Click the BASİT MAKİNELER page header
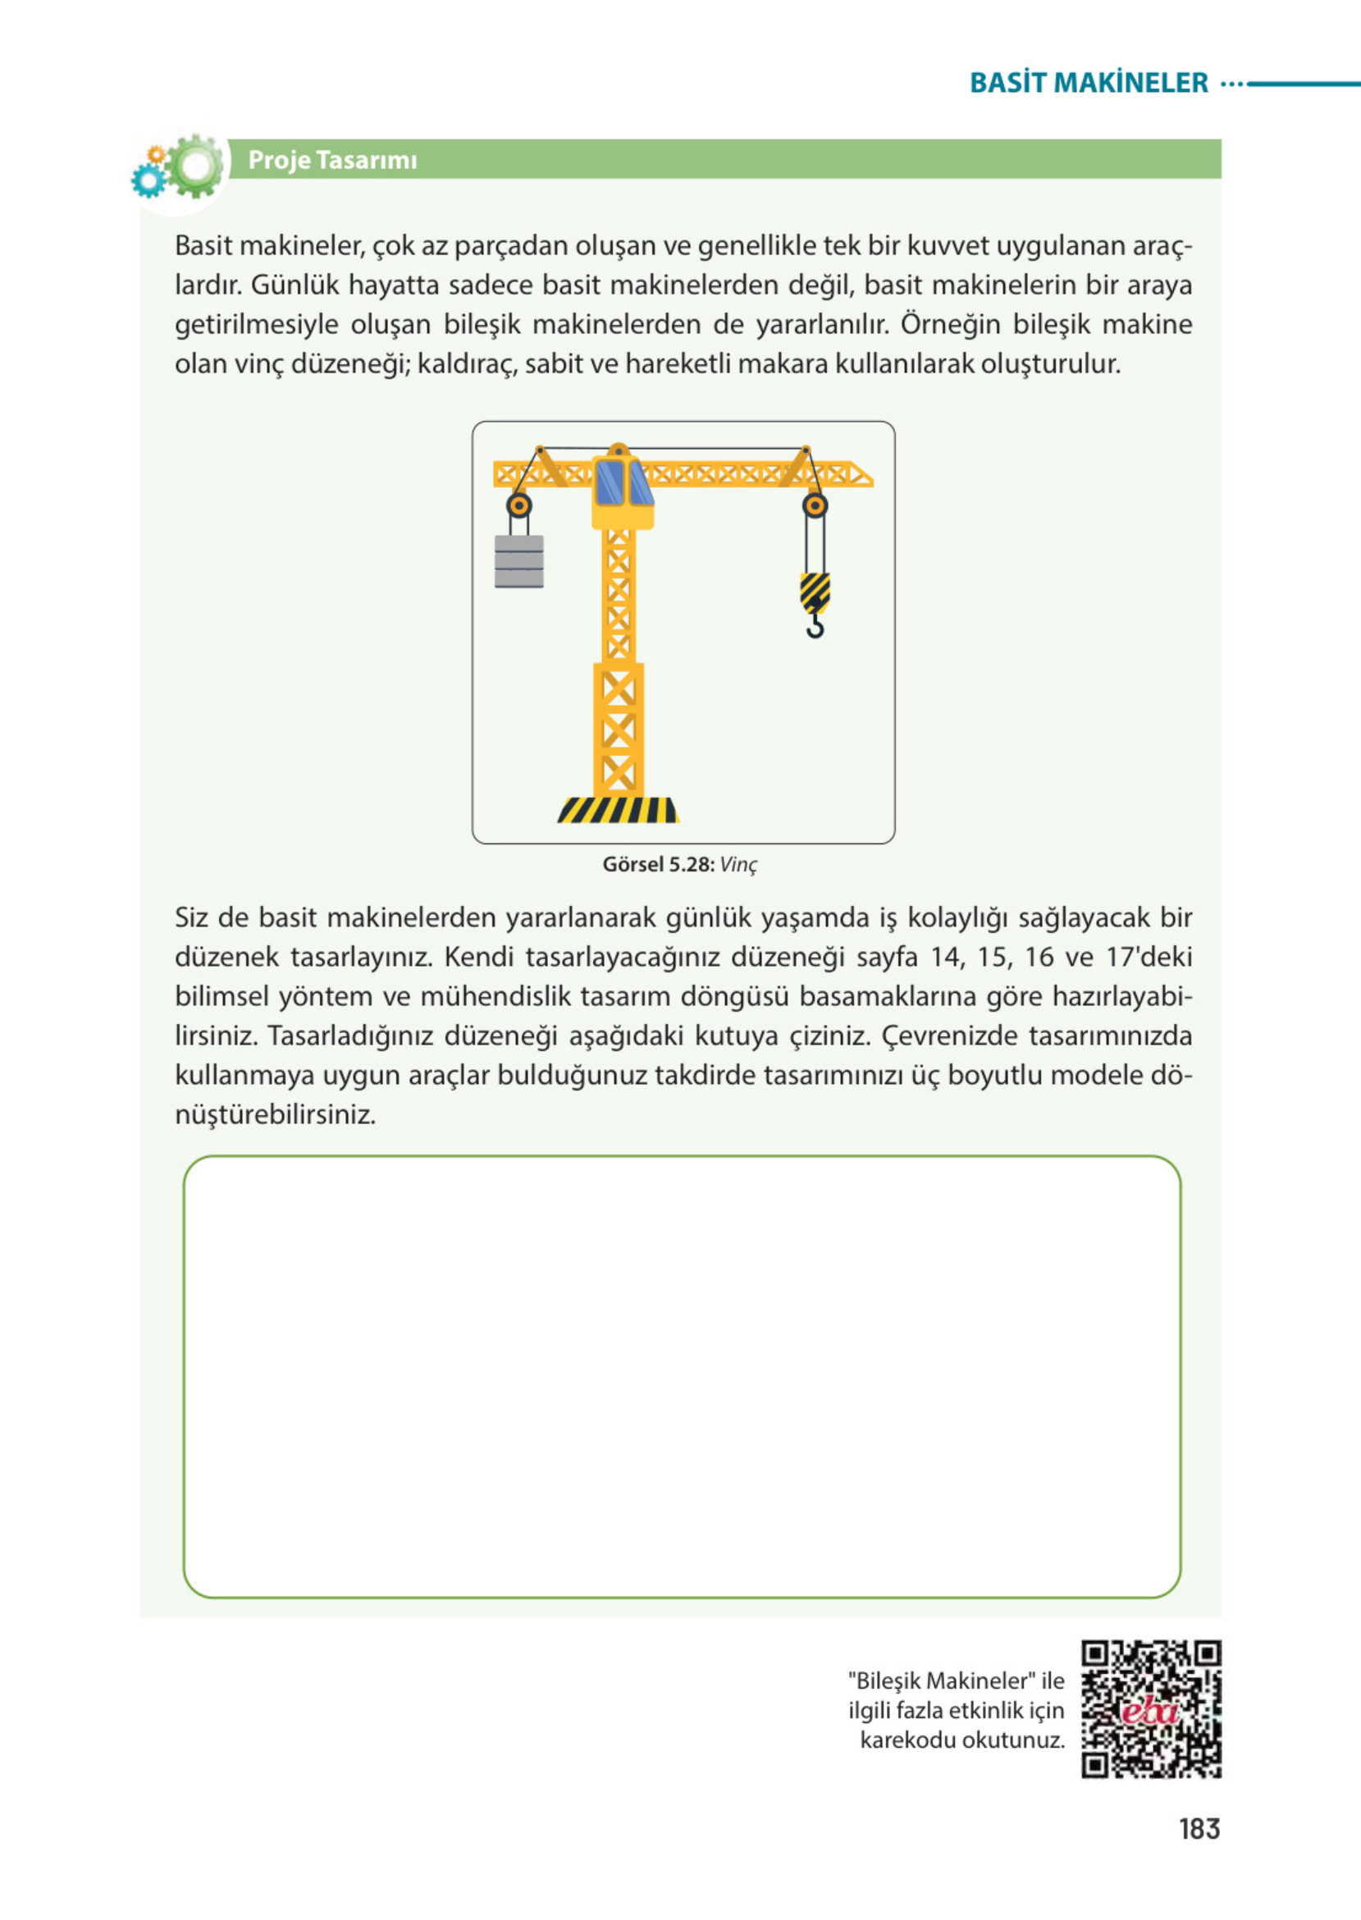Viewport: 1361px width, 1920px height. pyautogui.click(x=1088, y=83)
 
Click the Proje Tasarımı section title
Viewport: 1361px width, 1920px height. pyautogui.click(x=332, y=160)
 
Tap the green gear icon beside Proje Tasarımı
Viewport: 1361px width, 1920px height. pyautogui.click(x=196, y=166)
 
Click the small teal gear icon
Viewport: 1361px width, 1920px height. pyautogui.click(x=148, y=181)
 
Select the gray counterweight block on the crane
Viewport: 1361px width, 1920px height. pyautogui.click(x=518, y=561)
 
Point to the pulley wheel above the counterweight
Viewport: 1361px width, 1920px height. pyautogui.click(x=518, y=505)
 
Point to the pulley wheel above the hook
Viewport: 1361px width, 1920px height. pyautogui.click(x=815, y=505)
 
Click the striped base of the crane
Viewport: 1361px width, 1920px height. pyautogui.click(x=618, y=810)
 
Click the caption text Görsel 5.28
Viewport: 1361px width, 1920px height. pyautogui.click(x=658, y=865)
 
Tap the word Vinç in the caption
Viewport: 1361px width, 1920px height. pyautogui.click(x=738, y=865)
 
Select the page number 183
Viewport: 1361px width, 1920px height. pyautogui.click(x=1199, y=1829)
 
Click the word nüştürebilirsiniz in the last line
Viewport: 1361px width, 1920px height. pyautogui.click(x=275, y=1114)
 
